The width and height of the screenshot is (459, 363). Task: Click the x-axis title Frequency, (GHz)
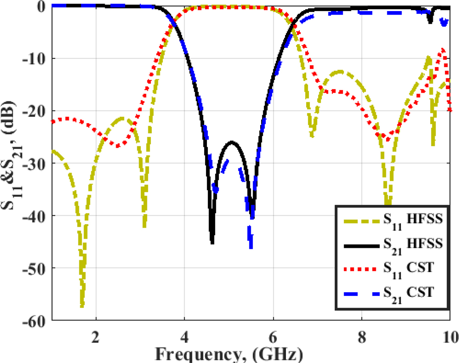tap(228, 353)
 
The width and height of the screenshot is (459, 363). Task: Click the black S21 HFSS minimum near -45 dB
tap(212, 242)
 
